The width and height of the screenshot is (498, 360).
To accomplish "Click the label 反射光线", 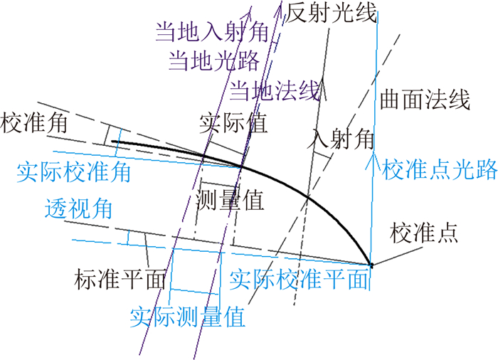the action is coord(330,14).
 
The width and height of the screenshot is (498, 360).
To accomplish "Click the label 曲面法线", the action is coord(425,99).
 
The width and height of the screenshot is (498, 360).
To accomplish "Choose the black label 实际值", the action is coord(233,122).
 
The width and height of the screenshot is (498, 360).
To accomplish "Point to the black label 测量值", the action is coord(230,201).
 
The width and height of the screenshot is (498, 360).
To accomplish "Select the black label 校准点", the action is coord(423,233).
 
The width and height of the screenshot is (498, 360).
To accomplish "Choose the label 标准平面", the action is coord(120,278).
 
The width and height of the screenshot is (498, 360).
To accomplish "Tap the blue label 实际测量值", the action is coord(187,316).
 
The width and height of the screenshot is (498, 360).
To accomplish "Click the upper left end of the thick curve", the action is coord(113,142).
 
